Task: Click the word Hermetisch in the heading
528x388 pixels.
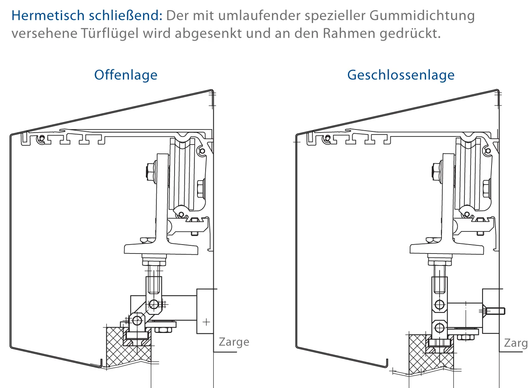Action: click(x=48, y=16)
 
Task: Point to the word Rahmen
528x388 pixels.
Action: click(x=349, y=33)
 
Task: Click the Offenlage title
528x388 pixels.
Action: click(x=126, y=75)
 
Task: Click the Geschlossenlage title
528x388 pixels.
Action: click(x=401, y=75)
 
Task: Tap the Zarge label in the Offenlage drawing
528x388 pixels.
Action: click(x=234, y=342)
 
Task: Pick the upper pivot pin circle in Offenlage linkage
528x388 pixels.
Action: click(x=154, y=304)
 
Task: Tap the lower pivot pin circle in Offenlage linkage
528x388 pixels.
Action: click(x=137, y=321)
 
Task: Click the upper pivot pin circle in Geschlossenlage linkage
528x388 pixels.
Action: click(x=440, y=304)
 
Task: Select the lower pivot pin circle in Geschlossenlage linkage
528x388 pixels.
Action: click(x=440, y=328)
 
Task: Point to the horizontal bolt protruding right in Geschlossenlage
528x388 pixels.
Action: click(x=493, y=311)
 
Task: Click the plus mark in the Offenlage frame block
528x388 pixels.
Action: click(x=206, y=322)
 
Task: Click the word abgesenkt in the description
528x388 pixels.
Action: click(x=208, y=34)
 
